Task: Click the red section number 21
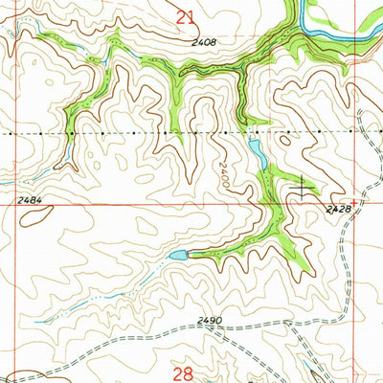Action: pos(186,15)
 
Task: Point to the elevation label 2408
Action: pos(202,43)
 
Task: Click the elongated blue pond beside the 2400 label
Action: pos(257,153)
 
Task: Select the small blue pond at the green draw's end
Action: pos(178,256)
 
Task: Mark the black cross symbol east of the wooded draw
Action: pos(304,187)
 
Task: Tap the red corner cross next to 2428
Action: pos(356,204)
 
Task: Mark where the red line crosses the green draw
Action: pos(266,204)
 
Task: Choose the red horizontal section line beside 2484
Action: pos(96,204)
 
